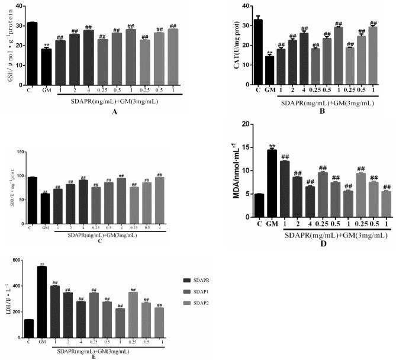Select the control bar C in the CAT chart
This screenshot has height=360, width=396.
[257, 53]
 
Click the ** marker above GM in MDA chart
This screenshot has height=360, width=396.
[272, 146]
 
